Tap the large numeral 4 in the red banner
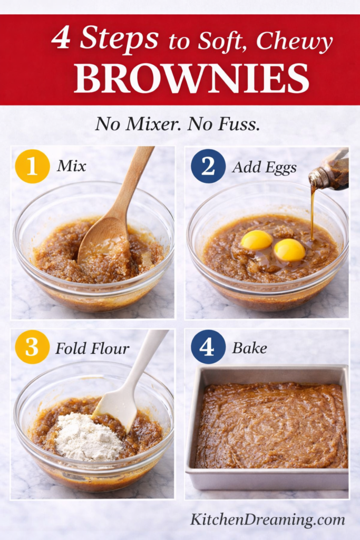pos(61,39)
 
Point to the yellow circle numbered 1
pos(32,166)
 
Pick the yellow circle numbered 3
pos(32,347)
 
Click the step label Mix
pos(72,167)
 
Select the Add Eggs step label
pos(264,167)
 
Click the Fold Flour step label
pos(92,348)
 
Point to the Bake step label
pos(249,348)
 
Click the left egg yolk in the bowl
pos(257,240)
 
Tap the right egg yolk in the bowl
pos(290,249)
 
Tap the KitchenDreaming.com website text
pos(268,519)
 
